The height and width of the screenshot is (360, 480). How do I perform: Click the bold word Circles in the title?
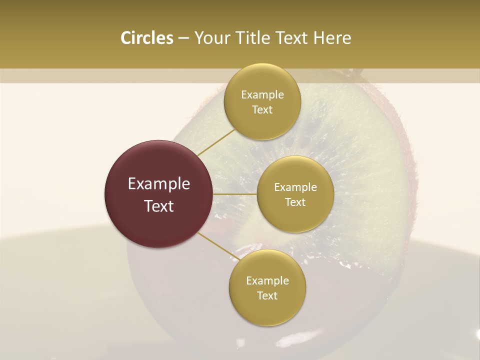[147, 38]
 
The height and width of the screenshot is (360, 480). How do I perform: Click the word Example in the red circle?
[159, 184]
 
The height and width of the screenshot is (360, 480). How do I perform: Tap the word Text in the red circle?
[159, 206]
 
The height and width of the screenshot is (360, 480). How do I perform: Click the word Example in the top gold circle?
[262, 95]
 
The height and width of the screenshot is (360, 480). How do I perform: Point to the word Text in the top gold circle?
[262, 110]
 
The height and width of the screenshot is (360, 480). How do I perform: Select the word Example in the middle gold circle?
[295, 187]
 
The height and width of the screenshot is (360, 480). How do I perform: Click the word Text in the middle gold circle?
[295, 202]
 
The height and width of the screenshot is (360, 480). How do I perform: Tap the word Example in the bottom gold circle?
[267, 281]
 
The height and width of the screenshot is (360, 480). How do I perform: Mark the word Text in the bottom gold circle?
[267, 296]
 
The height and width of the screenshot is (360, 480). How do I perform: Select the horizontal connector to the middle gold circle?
[235, 194]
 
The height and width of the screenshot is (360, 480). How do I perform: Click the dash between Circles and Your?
[183, 38]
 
